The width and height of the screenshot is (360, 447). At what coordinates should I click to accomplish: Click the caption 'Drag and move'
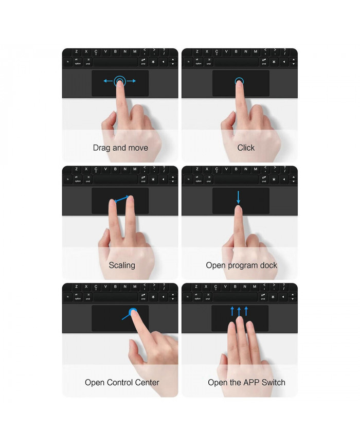(120, 148)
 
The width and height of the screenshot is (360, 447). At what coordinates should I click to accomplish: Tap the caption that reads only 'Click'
(246, 148)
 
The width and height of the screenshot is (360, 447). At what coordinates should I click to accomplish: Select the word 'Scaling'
(122, 265)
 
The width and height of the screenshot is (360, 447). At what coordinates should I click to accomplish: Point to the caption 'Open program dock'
(241, 265)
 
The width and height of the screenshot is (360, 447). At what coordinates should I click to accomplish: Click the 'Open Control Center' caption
(122, 383)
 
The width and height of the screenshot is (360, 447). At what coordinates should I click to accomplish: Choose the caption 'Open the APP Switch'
(246, 383)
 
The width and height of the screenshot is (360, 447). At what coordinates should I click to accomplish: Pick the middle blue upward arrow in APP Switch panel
(239, 311)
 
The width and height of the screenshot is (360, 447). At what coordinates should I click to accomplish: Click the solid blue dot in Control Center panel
(133, 312)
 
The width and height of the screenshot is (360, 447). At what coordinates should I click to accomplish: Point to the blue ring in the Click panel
(239, 81)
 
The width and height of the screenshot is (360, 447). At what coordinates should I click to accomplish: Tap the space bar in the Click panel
(237, 62)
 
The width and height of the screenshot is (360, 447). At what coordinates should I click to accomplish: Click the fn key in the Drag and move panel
(67, 62)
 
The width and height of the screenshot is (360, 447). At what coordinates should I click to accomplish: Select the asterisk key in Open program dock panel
(274, 180)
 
